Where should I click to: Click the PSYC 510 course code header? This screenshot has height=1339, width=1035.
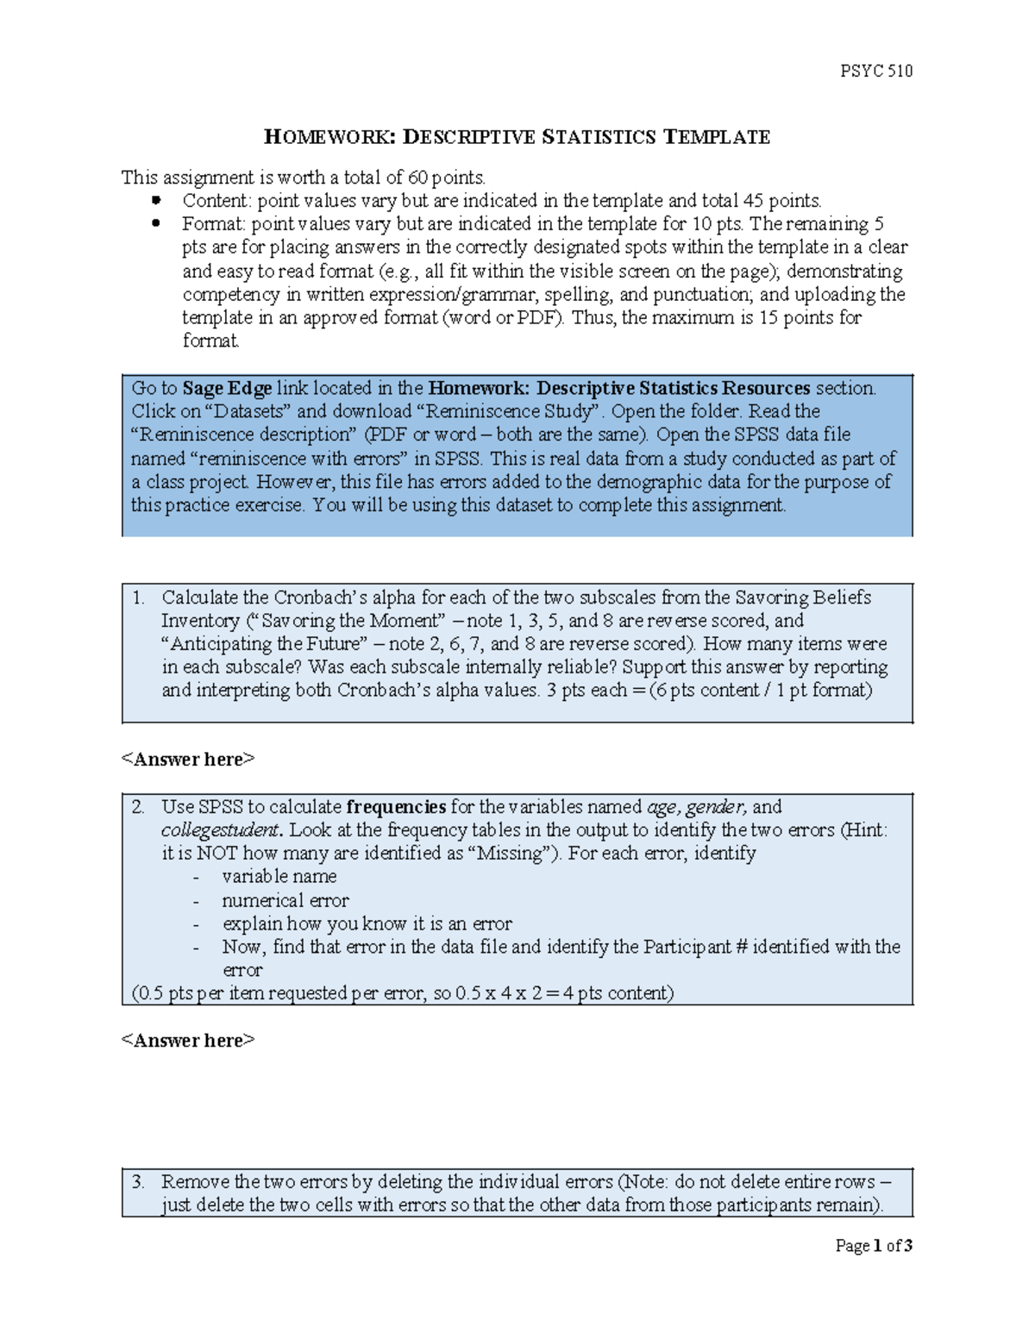click(x=875, y=71)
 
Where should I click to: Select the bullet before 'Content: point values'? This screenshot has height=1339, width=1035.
click(x=156, y=200)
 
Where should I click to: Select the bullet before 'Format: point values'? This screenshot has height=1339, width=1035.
click(x=156, y=223)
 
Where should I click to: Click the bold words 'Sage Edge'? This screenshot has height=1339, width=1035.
click(x=227, y=388)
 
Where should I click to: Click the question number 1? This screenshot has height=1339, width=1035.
click(x=138, y=598)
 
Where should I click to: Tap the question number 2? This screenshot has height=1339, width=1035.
click(x=138, y=807)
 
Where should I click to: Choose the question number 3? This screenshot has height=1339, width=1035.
click(x=138, y=1182)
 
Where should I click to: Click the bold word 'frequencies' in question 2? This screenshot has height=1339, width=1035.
click(x=396, y=807)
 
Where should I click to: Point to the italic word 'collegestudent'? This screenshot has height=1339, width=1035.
click(x=221, y=830)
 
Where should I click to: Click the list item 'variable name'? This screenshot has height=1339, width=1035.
click(x=279, y=877)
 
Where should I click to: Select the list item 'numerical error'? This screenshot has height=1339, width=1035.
click(x=285, y=900)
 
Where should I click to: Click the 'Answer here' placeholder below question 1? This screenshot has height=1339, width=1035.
click(x=188, y=760)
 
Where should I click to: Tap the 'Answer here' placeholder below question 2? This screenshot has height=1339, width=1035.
click(x=188, y=1041)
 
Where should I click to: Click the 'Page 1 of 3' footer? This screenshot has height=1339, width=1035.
click(x=873, y=1245)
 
